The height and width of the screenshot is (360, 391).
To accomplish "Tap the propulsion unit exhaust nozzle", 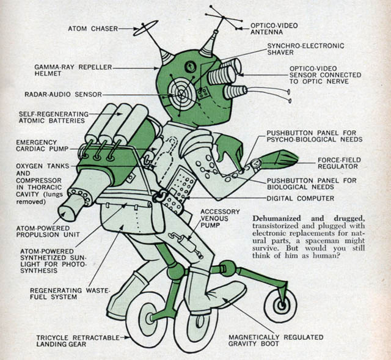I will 69,211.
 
